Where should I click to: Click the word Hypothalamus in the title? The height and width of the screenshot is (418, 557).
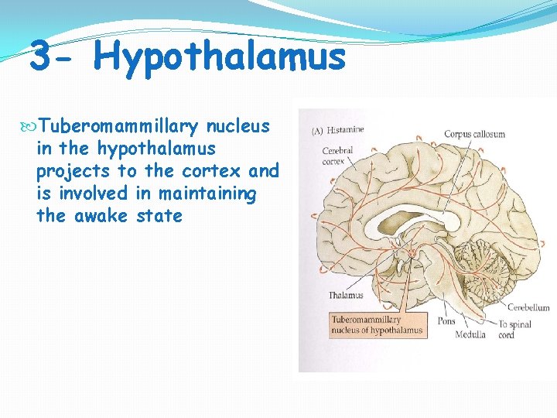coord(223,58)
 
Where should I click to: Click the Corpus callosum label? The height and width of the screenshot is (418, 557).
coord(474,134)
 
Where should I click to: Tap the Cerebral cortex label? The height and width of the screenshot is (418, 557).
coord(338,156)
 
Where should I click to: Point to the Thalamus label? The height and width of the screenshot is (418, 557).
coord(345,295)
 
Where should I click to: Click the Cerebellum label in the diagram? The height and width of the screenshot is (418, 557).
coord(528,307)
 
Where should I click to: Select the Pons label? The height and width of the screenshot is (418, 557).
coord(446,320)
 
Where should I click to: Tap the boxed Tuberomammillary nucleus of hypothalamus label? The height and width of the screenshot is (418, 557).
coord(377,325)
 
